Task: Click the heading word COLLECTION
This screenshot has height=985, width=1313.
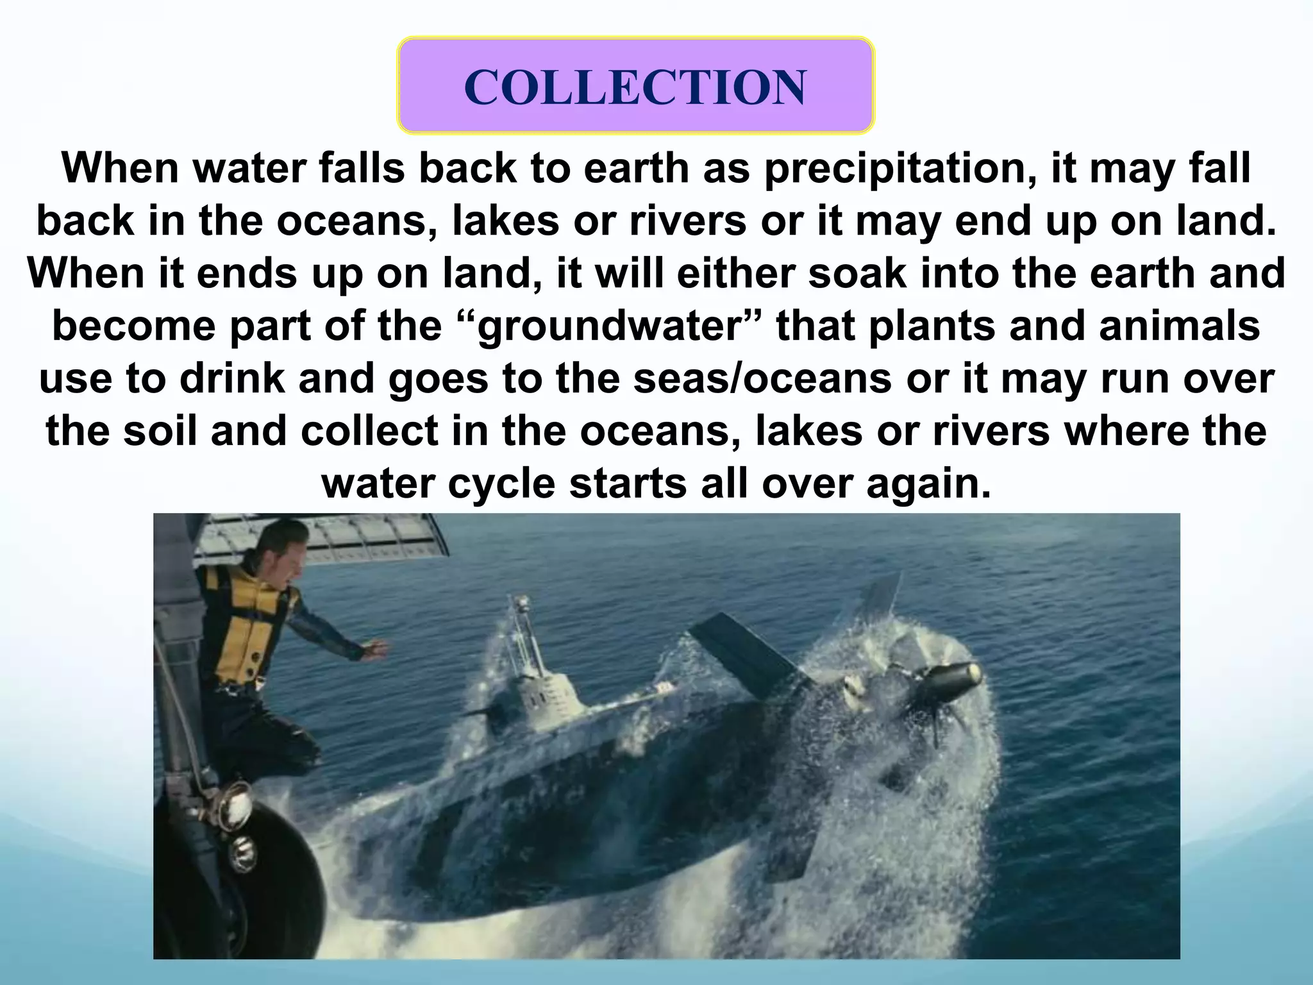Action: tap(635, 87)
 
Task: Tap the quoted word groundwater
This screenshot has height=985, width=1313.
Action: tap(617, 326)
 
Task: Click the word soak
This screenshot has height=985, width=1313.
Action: tap(857, 273)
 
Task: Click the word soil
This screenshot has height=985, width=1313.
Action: tap(160, 431)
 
